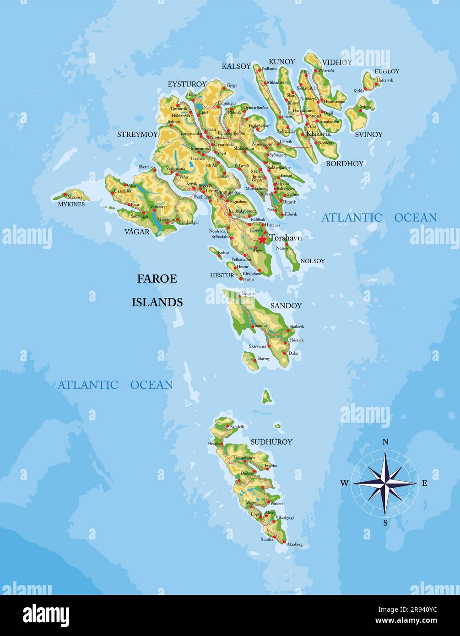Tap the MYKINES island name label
click(x=71, y=205)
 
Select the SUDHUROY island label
click(x=271, y=442)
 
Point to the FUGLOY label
click(x=387, y=71)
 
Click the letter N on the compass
click(x=385, y=442)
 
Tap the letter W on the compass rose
click(x=344, y=483)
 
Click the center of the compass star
click(x=385, y=483)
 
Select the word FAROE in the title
click(x=157, y=279)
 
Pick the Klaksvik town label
click(x=318, y=134)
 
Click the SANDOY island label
click(x=286, y=306)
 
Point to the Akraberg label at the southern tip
click(x=294, y=544)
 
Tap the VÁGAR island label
click(x=137, y=232)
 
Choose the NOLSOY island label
click(x=312, y=261)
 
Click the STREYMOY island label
click(x=137, y=135)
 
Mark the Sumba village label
click(x=267, y=539)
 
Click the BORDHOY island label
click(x=344, y=163)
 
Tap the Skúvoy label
click(x=264, y=359)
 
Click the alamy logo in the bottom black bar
click(x=46, y=615)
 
